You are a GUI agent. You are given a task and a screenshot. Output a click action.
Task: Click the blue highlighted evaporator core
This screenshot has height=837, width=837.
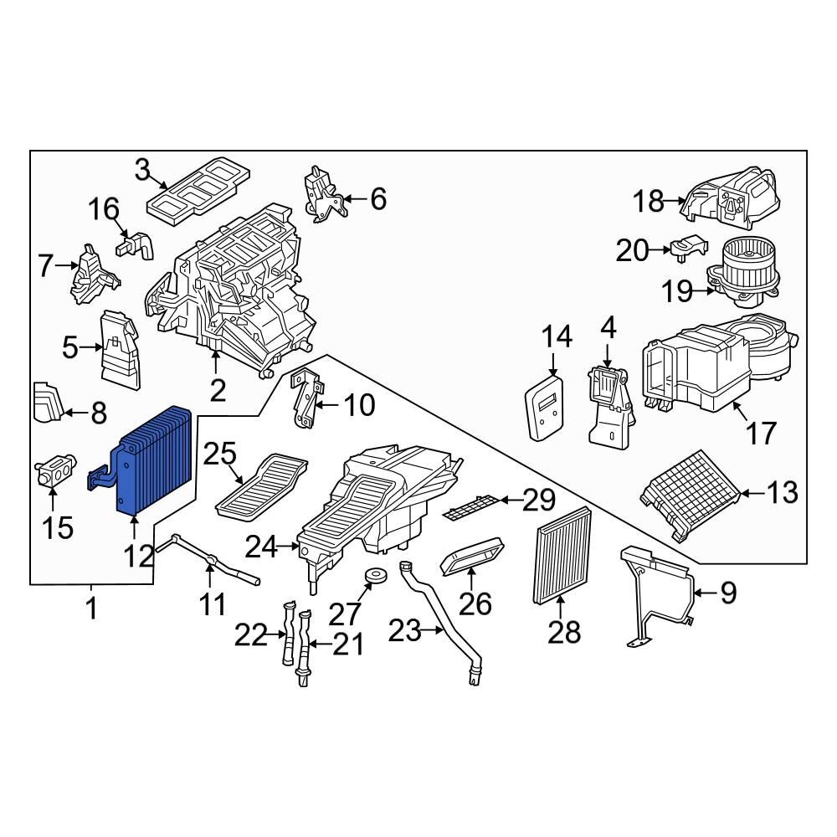click(x=155, y=460)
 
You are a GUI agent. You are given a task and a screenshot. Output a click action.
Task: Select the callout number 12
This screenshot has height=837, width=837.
click(x=140, y=555)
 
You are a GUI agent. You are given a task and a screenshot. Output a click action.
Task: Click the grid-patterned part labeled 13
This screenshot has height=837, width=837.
click(x=691, y=492)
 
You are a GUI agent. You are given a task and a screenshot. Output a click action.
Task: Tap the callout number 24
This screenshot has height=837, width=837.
click(x=261, y=547)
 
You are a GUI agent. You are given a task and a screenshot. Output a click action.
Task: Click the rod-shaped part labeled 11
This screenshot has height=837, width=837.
click(x=213, y=562)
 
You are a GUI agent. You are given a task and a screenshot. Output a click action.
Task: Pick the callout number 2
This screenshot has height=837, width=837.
click(x=218, y=390)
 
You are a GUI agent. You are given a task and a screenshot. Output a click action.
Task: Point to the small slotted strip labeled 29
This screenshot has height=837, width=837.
click(x=474, y=506)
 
